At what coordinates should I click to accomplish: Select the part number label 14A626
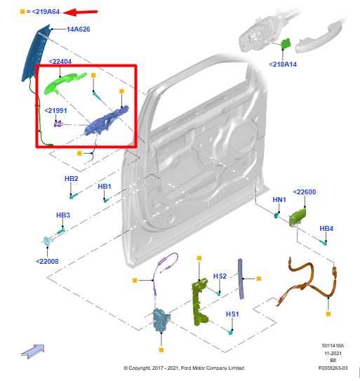point(78,29)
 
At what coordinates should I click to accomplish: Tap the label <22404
point(60,62)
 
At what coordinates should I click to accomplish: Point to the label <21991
point(55,110)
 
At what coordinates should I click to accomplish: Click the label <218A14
point(283,64)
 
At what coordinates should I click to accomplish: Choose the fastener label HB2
point(71,179)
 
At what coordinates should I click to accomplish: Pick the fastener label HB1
point(105,186)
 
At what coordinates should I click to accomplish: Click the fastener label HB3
point(63,215)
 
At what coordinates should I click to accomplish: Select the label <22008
point(48,261)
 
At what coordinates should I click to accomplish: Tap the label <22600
point(305,192)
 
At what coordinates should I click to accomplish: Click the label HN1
point(279,200)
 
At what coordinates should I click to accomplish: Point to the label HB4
point(326,229)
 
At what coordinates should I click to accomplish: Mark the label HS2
point(220,276)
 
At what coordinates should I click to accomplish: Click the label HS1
point(232,314)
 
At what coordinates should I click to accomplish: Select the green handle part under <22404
point(65,82)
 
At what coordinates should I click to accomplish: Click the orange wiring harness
point(309,284)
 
